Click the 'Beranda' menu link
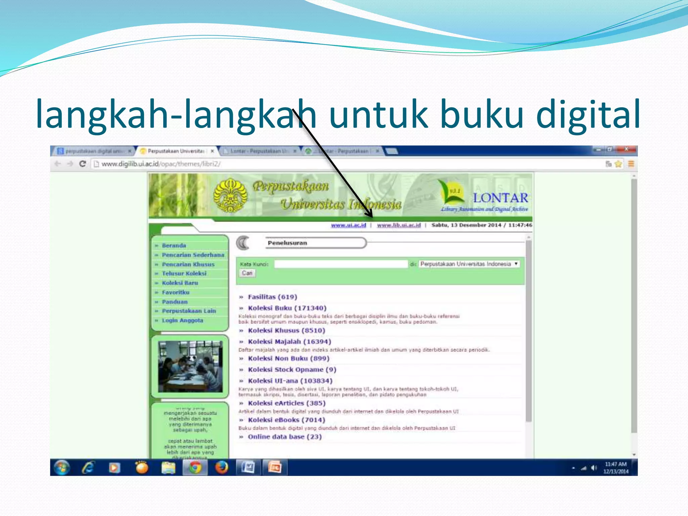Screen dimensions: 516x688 pyautogui.click(x=174, y=246)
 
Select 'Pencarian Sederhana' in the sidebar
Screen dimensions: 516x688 pyautogui.click(x=193, y=255)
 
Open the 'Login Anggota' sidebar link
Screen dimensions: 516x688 pyautogui.click(x=182, y=320)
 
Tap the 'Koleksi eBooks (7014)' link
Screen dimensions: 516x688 pyautogui.click(x=286, y=420)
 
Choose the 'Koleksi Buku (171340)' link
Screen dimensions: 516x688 pyautogui.click(x=287, y=308)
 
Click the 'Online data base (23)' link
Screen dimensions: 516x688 pyautogui.click(x=285, y=437)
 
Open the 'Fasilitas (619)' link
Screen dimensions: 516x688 pyautogui.click(x=272, y=297)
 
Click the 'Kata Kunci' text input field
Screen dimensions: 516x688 pyautogui.click(x=341, y=264)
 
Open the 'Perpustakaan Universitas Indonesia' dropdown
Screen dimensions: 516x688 pyautogui.click(x=469, y=264)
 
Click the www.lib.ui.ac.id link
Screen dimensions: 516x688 pyautogui.click(x=399, y=225)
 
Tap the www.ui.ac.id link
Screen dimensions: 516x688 pyautogui.click(x=348, y=225)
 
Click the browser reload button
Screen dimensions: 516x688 pyautogui.click(x=83, y=164)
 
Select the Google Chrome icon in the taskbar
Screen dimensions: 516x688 pyautogui.click(x=195, y=468)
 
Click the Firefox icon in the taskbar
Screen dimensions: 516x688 pyautogui.click(x=221, y=468)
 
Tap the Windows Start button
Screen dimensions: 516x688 pyautogui.click(x=61, y=468)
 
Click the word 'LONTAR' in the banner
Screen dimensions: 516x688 pyautogui.click(x=500, y=198)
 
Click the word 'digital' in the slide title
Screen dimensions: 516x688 pyautogui.click(x=588, y=114)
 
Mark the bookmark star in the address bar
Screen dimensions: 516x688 pyautogui.click(x=618, y=164)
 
